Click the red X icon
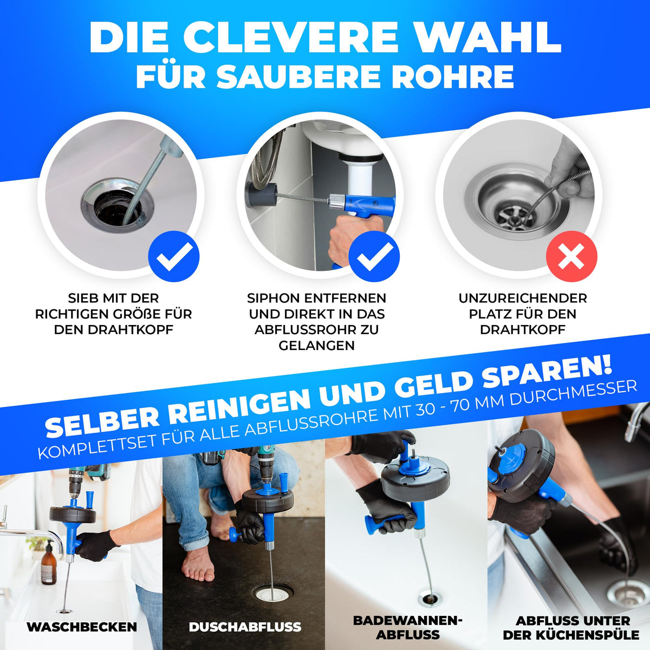click(x=571, y=256)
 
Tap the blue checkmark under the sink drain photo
click(x=174, y=256)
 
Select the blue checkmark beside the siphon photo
click(x=374, y=256)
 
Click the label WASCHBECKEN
click(x=82, y=627)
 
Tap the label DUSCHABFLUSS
click(x=245, y=627)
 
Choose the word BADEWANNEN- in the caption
click(x=407, y=620)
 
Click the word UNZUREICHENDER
click(x=523, y=298)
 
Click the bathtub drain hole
click(x=429, y=599)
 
